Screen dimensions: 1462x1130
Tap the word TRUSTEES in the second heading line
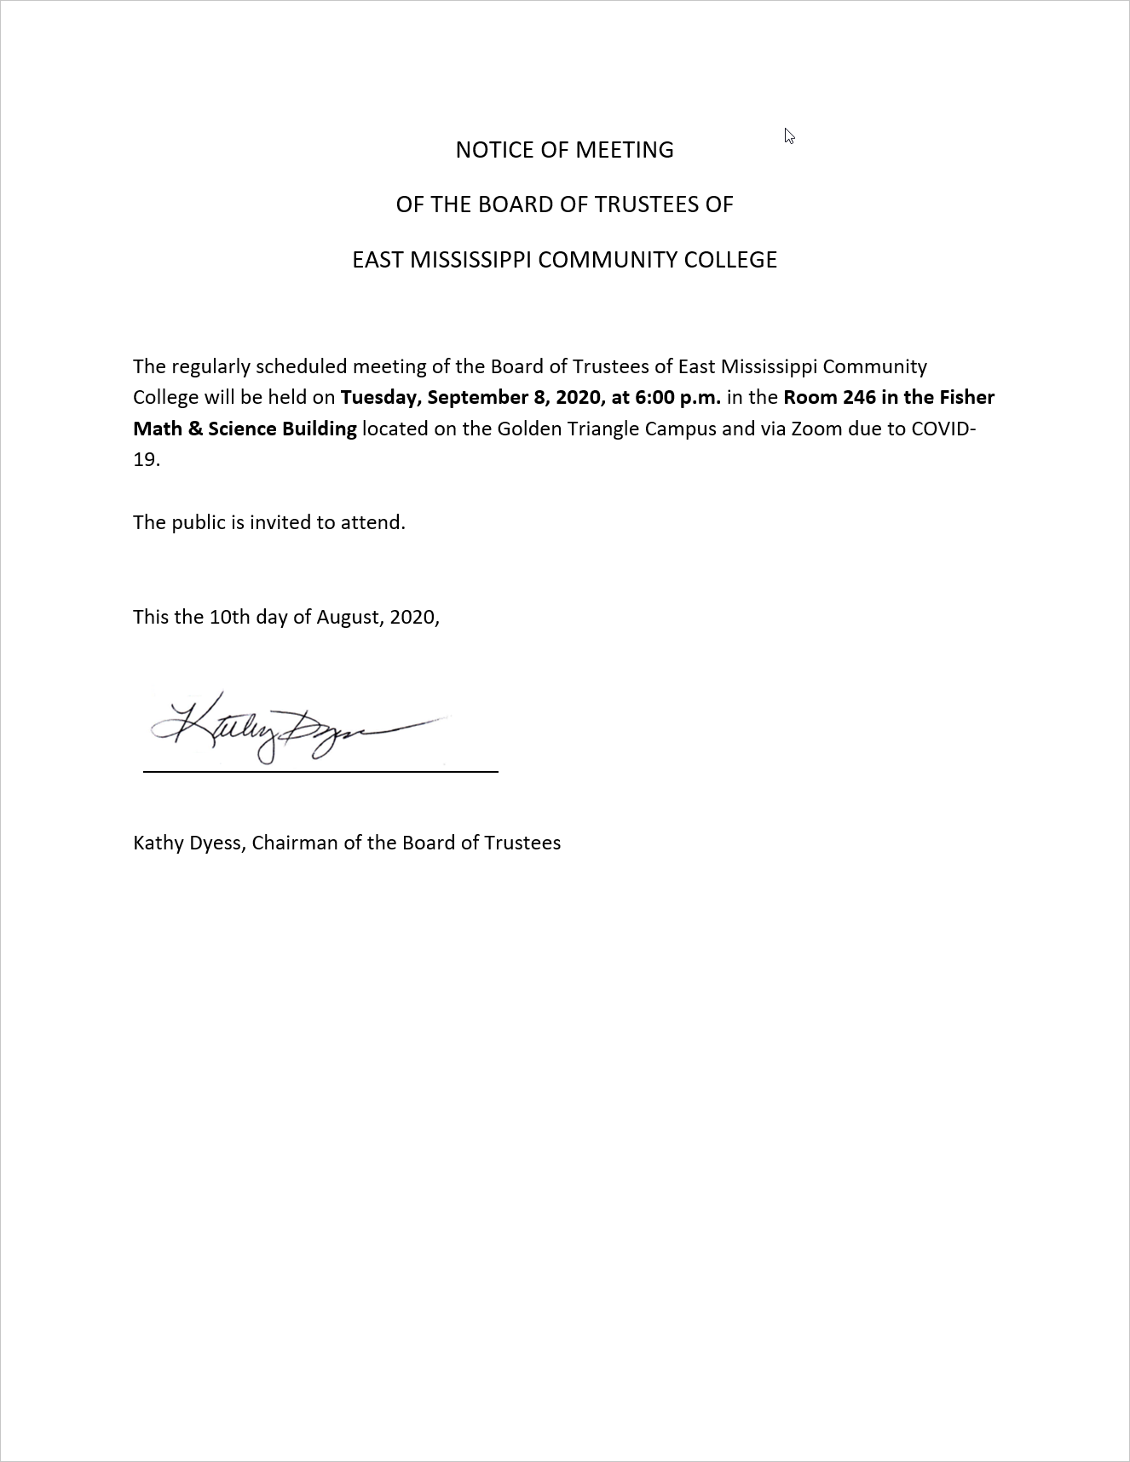641,204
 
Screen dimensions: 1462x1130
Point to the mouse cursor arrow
789,135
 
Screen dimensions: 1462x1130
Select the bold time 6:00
654,398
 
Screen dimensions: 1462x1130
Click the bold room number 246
859,398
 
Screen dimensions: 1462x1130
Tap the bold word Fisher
966,398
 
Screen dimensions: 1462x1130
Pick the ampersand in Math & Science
195,429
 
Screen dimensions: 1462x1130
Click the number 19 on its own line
145,460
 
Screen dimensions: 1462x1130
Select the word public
199,522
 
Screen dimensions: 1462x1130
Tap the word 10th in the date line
228,617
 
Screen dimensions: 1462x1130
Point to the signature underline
320,771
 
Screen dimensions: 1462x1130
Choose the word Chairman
294,843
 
